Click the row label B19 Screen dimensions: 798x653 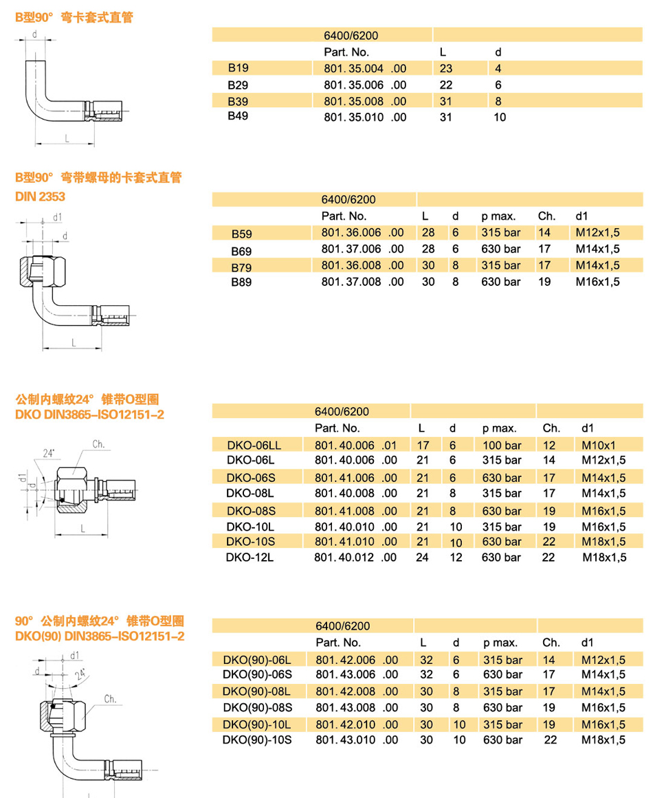(239, 68)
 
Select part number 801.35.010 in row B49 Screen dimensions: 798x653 (364, 118)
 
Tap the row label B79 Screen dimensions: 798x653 (241, 266)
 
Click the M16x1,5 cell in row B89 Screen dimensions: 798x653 (597, 282)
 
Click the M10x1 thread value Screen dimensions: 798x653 (598, 445)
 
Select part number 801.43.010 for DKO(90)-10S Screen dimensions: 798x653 (356, 740)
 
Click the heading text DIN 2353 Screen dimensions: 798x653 (40, 197)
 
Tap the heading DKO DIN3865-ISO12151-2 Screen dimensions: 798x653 (90, 415)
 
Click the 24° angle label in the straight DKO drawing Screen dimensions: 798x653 (48, 454)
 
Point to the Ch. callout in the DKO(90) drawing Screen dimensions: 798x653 (111, 700)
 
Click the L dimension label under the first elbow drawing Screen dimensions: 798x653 (67, 138)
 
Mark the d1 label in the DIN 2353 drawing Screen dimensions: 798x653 (57, 217)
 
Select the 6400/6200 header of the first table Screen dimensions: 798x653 (351, 36)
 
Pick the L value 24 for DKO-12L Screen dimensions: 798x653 (422, 557)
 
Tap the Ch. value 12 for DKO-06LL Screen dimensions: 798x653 (549, 445)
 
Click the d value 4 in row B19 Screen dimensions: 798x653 (498, 68)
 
